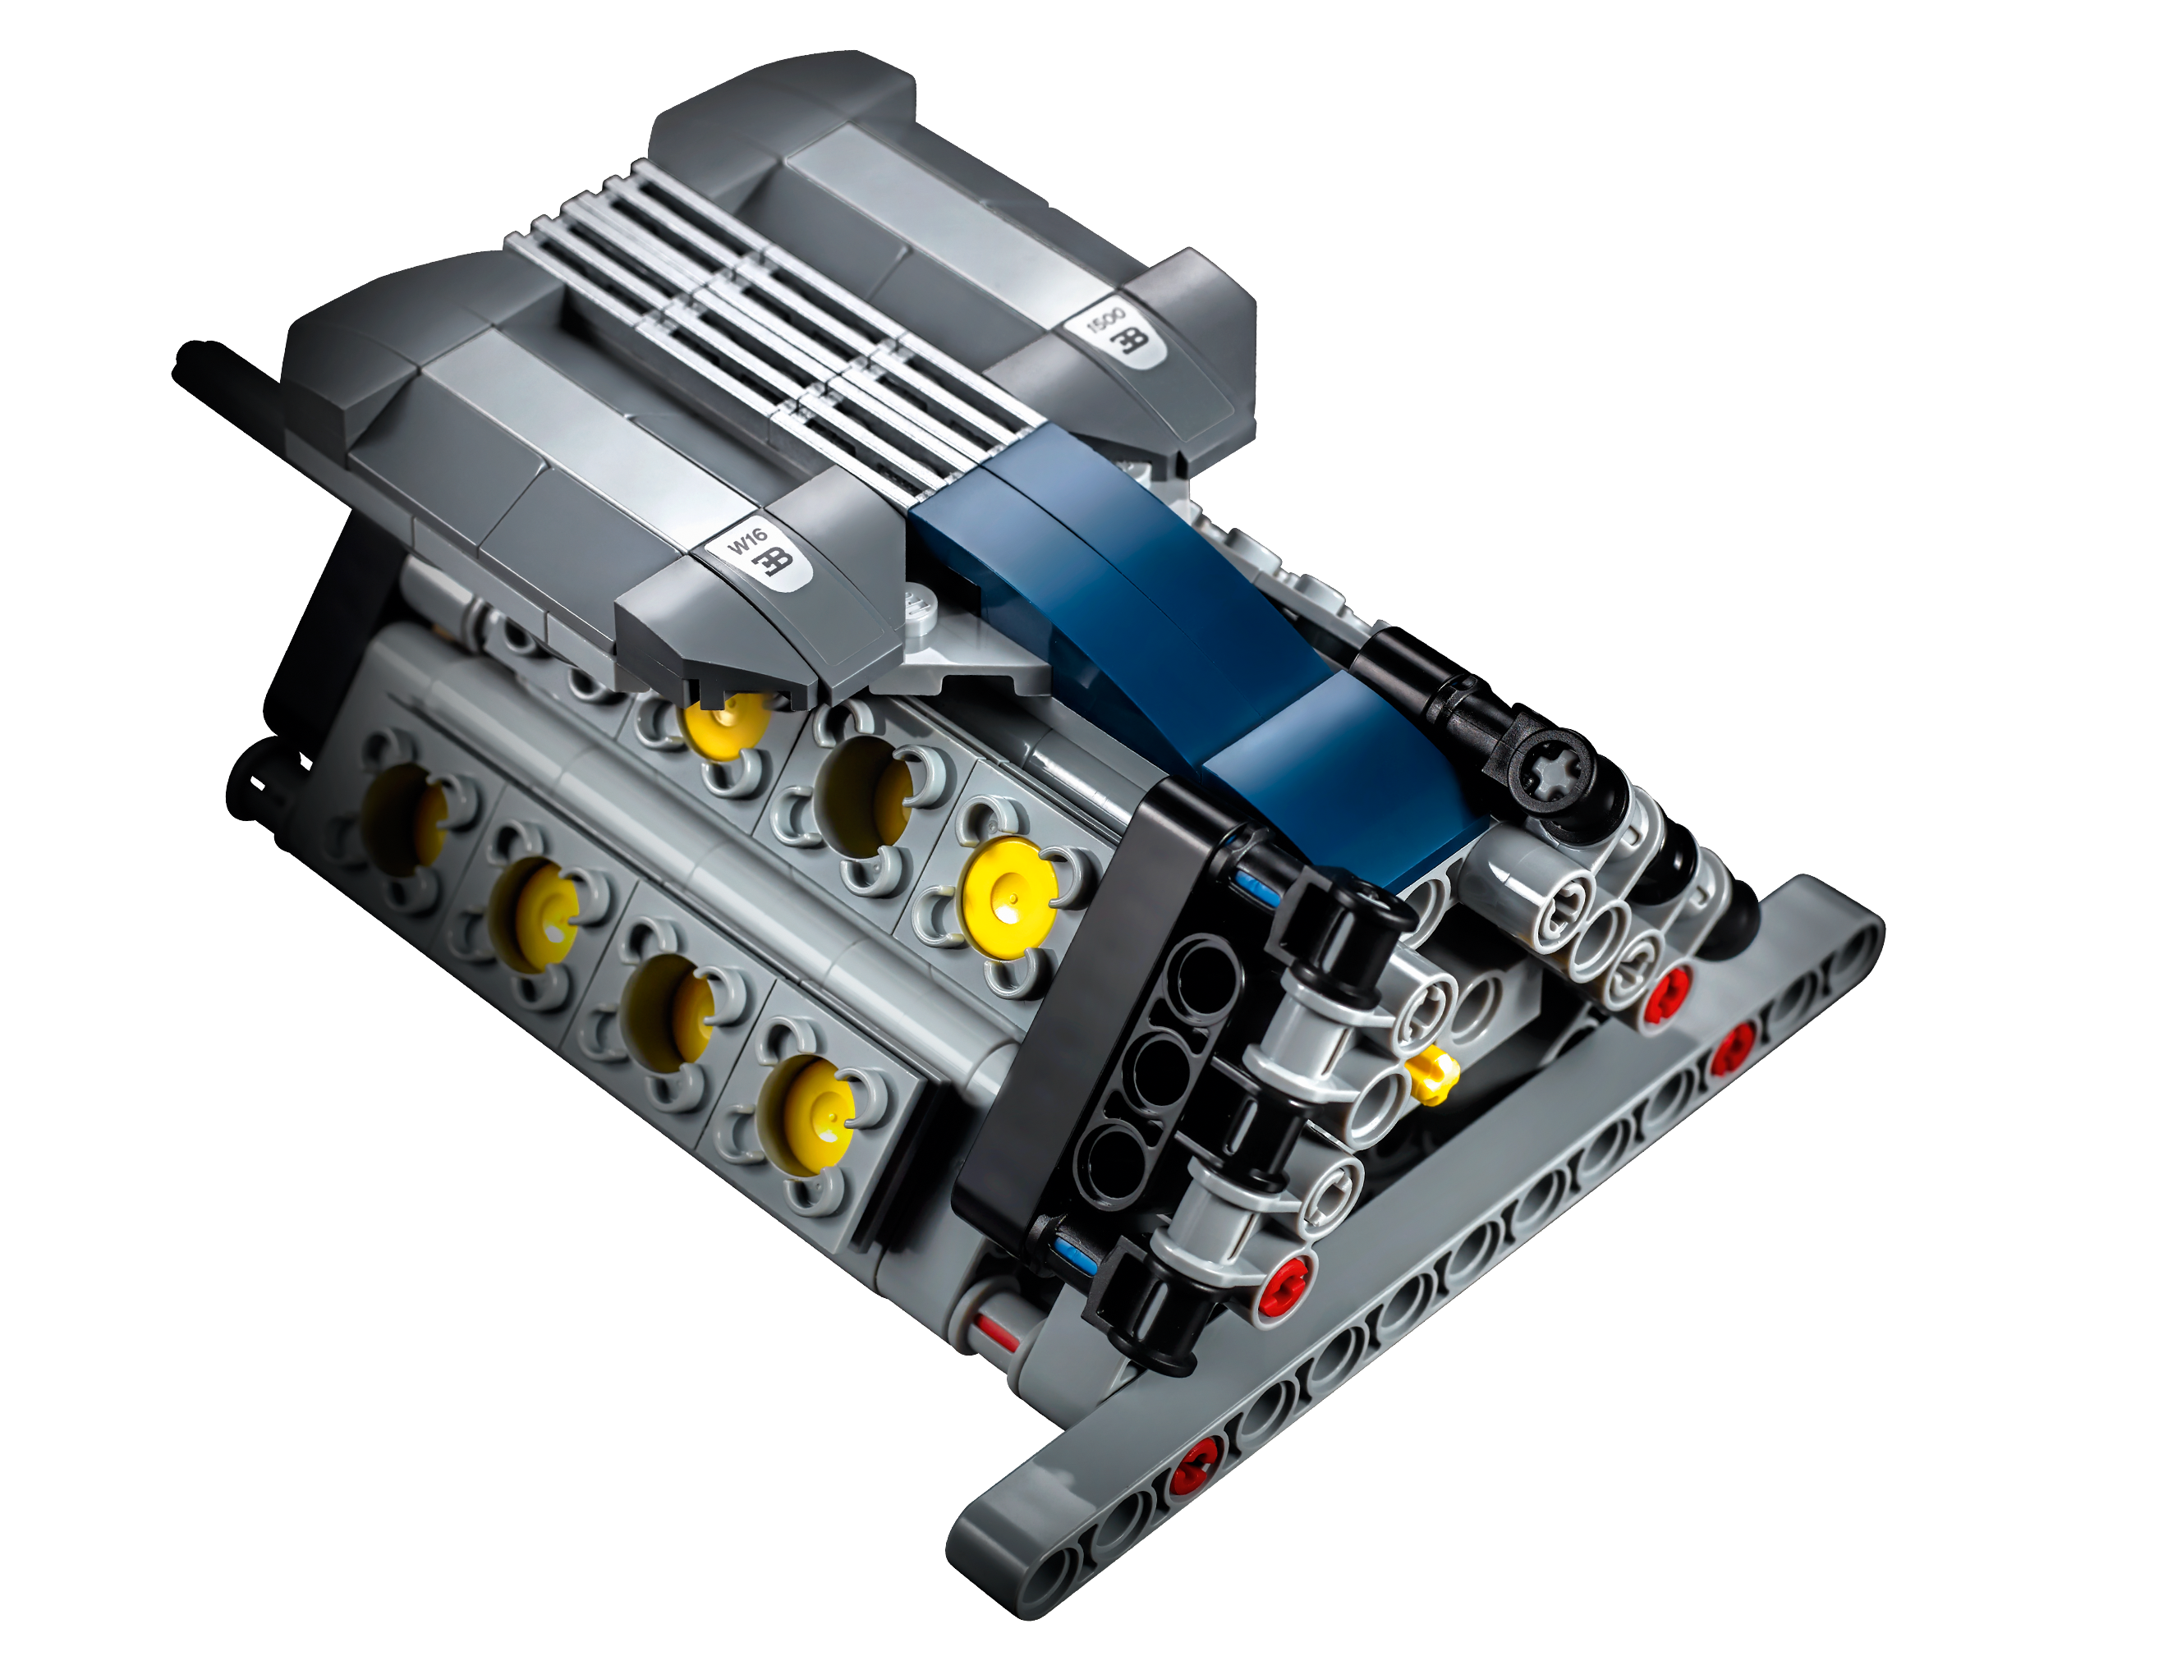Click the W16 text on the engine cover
747,542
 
